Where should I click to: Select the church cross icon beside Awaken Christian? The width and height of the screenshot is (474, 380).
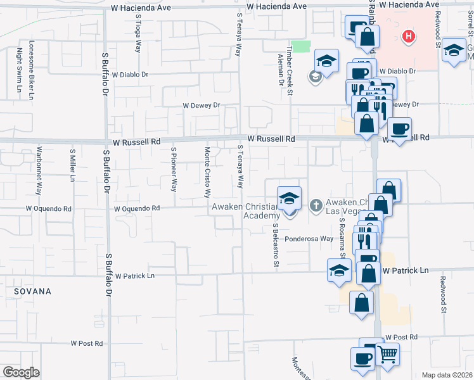(x=316, y=205)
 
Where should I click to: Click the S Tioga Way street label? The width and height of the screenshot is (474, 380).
(x=138, y=34)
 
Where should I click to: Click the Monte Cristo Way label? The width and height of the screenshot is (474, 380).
(x=207, y=171)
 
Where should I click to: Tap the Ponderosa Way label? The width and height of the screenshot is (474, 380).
(x=309, y=239)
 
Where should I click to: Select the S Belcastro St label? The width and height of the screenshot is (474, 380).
(x=276, y=244)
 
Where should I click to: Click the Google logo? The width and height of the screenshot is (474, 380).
(x=21, y=372)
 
